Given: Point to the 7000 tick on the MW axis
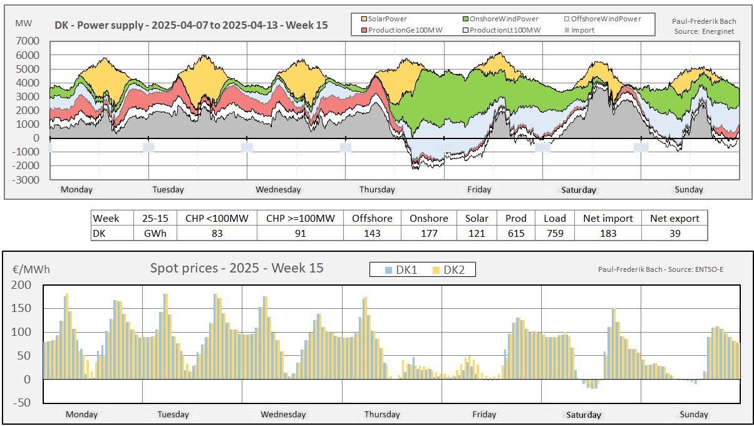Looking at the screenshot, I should [28, 41].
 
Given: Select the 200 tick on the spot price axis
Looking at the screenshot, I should [21, 285].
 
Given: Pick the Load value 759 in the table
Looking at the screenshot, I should [554, 233].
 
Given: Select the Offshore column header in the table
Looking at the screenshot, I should [372, 218].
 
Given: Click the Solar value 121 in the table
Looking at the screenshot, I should [476, 233].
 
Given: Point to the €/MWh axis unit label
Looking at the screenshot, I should [31, 270].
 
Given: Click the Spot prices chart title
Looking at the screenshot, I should [237, 268].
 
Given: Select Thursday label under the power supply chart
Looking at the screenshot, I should [377, 189].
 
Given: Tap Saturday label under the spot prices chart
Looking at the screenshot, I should [584, 414].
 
